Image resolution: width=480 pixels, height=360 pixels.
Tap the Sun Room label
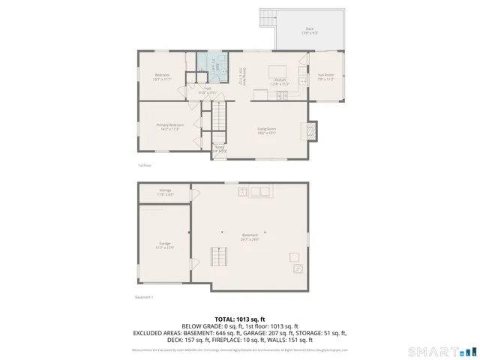[325, 75]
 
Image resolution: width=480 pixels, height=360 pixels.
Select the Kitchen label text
[280, 79]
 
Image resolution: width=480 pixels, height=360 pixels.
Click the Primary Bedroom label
[170, 124]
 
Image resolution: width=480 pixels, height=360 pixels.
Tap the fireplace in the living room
[308, 130]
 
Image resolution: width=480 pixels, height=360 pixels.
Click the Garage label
[164, 244]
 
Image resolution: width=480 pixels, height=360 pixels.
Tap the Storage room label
[165, 190]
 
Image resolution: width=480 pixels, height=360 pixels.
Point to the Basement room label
[250, 235]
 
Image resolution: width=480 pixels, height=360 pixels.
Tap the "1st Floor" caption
[145, 165]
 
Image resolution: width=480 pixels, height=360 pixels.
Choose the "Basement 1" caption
[143, 297]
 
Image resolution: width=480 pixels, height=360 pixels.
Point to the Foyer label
[220, 148]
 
